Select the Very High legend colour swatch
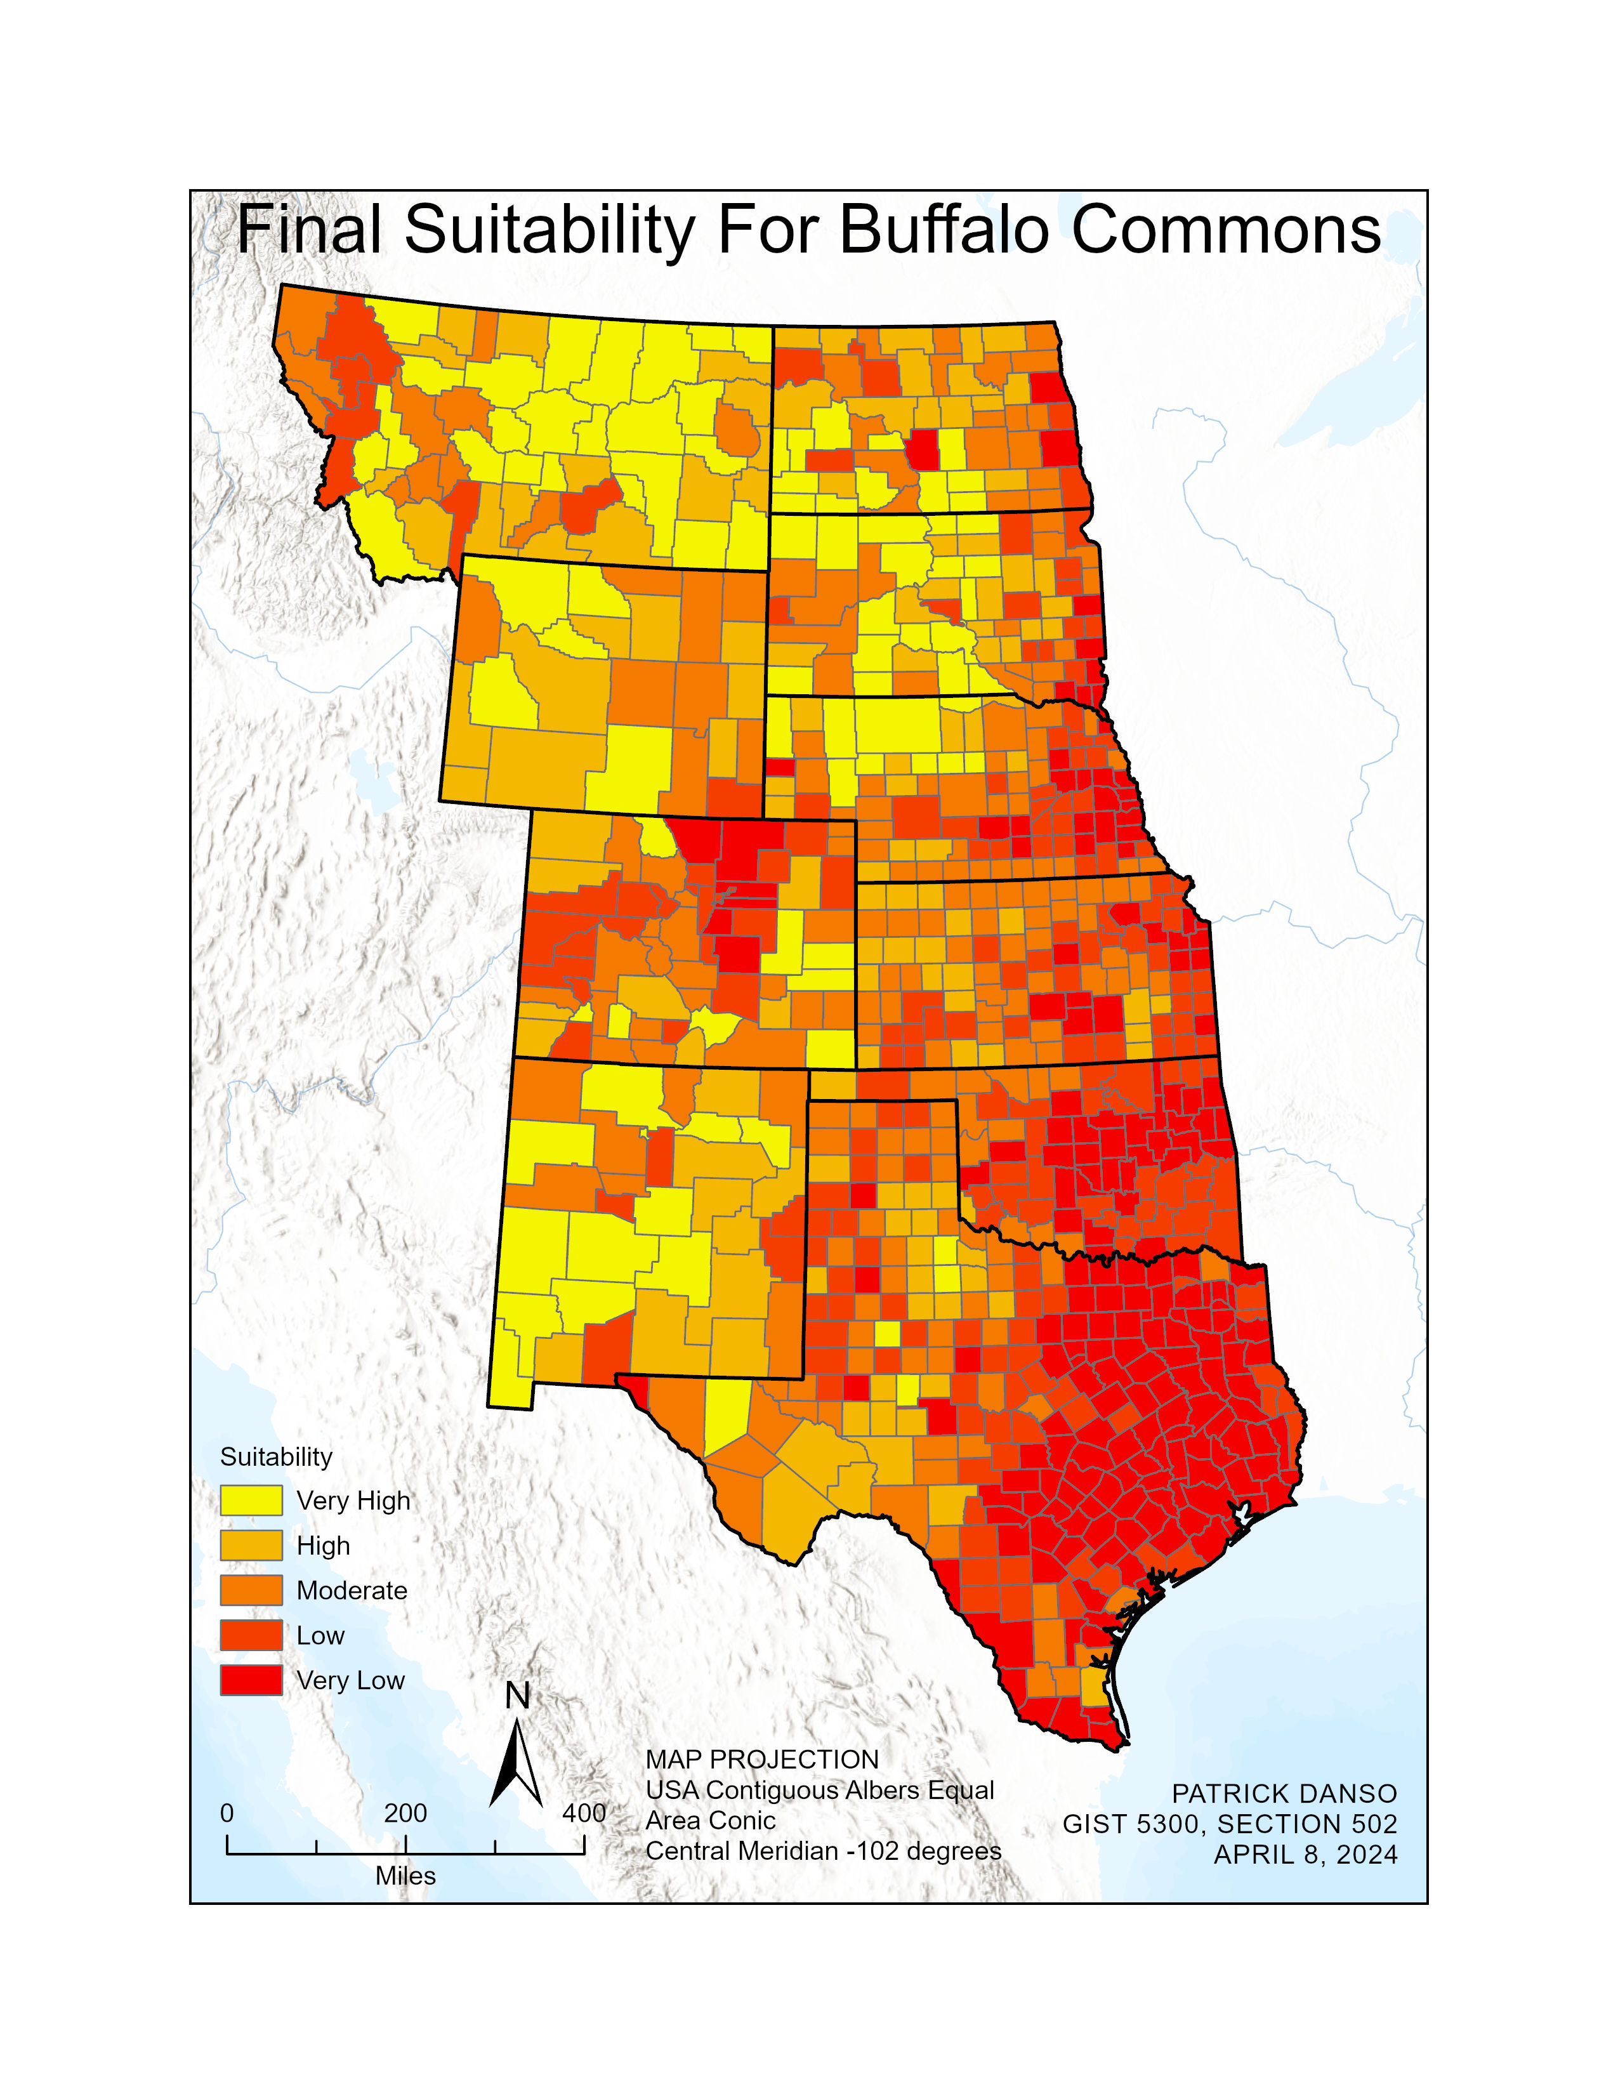click(251, 1501)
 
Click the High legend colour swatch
click(251, 1546)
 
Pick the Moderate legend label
click(352, 1591)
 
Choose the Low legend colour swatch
click(251, 1636)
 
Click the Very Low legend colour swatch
click(251, 1681)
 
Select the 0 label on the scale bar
click(227, 1813)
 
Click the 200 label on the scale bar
click(405, 1813)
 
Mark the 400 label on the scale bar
click(584, 1813)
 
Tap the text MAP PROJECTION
click(762, 1760)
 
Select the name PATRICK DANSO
click(1284, 1794)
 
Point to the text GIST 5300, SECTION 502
click(1230, 1824)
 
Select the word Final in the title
click(308, 230)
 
